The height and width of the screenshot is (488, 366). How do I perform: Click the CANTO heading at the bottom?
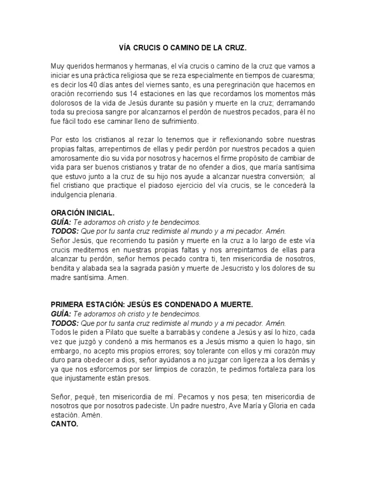pos(64,424)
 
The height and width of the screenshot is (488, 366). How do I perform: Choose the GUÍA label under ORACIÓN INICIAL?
pos(61,223)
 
